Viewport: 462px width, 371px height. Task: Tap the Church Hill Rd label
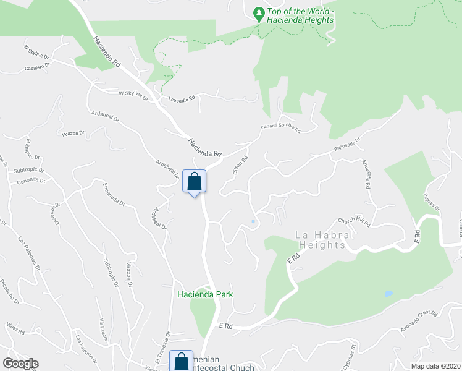(x=353, y=221)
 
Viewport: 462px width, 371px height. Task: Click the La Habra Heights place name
(x=322, y=240)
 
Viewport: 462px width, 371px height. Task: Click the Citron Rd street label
(x=240, y=164)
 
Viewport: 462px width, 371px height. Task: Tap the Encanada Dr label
(x=114, y=194)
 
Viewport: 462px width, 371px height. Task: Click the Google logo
(x=21, y=364)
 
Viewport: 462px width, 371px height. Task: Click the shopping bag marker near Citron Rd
(x=194, y=182)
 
